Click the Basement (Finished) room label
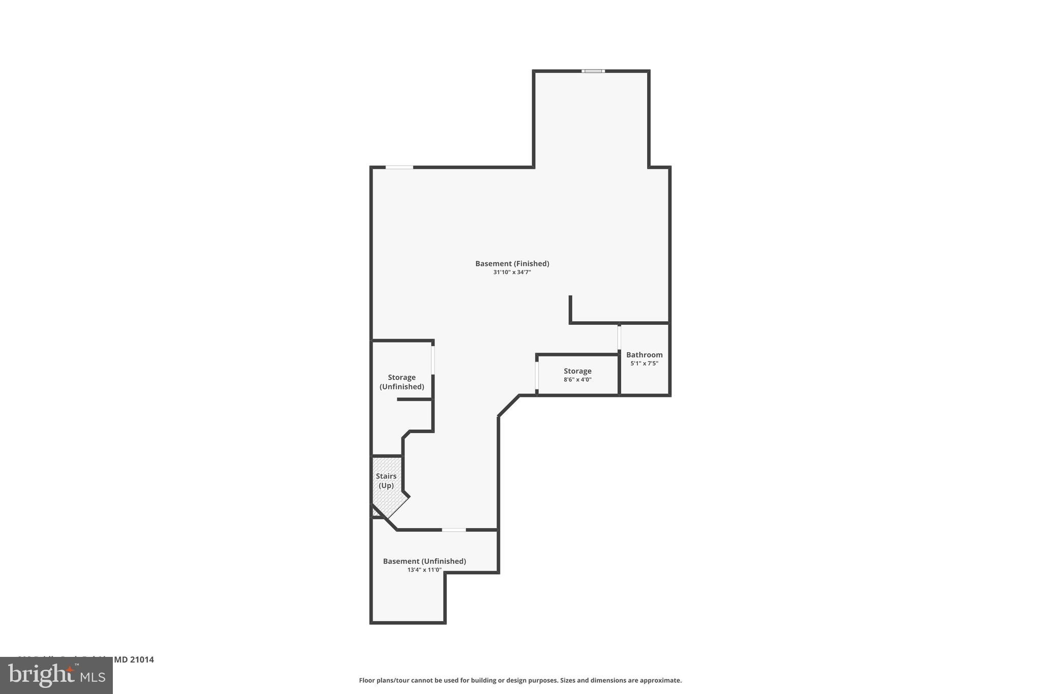coord(512,263)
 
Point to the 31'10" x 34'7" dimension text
coord(512,273)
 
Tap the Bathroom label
coord(644,355)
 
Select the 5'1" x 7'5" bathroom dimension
coord(644,364)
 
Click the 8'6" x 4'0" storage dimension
coord(577,380)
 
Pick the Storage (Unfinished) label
coord(402,382)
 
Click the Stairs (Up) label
coord(386,481)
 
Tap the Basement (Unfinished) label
coord(424,561)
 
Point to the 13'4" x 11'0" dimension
coord(424,570)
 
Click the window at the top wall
coord(593,71)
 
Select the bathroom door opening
coord(619,337)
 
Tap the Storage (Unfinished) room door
coord(433,360)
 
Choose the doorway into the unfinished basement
coord(453,530)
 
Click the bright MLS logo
coord(56,676)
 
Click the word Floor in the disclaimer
coord(367,680)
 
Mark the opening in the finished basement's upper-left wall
coord(399,167)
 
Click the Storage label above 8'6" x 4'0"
coord(577,371)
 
